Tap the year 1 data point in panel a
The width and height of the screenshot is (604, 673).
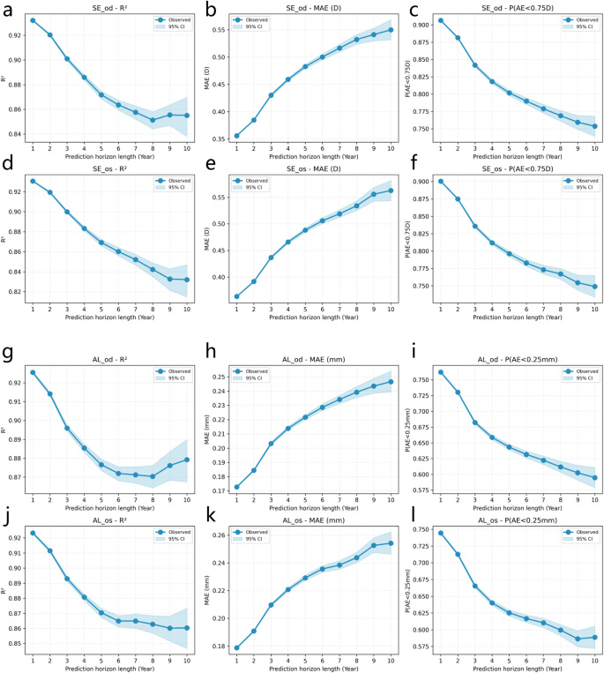click(33, 20)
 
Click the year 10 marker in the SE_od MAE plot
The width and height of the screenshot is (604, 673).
click(390, 30)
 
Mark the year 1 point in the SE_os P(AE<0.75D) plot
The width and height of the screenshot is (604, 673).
click(441, 182)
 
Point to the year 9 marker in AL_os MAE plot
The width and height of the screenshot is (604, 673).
click(373, 545)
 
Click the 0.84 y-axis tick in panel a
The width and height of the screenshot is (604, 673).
click(14, 134)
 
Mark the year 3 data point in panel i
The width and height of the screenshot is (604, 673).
click(475, 422)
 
